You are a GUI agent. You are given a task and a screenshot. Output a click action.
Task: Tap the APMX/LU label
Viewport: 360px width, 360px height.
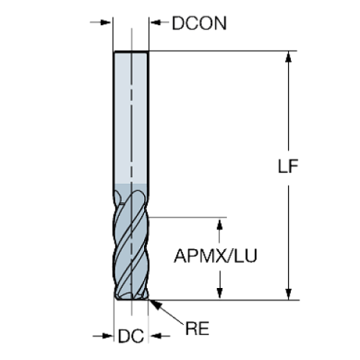[220, 257]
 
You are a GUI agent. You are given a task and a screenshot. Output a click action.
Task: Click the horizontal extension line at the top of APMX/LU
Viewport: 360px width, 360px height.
[191, 217]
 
